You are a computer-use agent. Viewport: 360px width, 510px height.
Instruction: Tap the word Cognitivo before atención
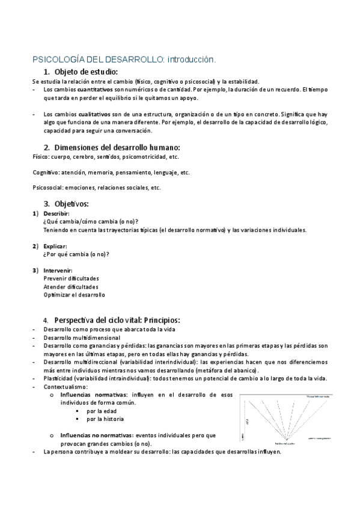point(44,172)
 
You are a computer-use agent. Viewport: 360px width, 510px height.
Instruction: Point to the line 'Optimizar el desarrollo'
point(74,295)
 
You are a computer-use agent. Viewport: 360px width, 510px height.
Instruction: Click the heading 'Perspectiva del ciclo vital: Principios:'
point(117,319)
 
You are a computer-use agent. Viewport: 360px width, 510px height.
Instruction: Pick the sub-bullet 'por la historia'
point(105,419)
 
